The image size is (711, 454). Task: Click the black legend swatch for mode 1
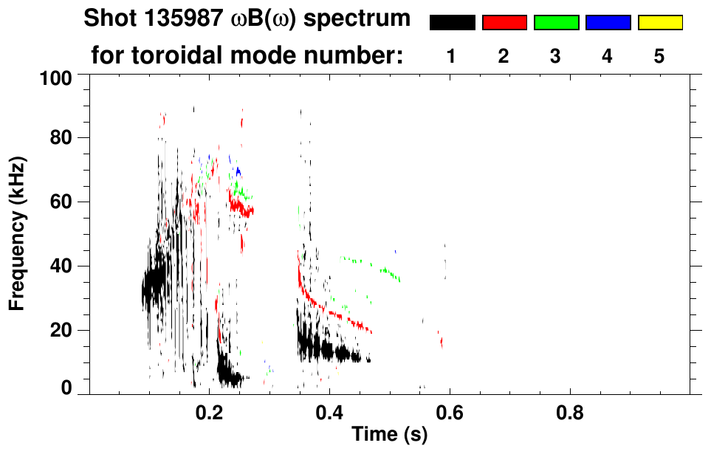pos(452,23)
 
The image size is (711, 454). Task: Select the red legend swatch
pos(504,23)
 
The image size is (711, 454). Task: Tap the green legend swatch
pos(556,23)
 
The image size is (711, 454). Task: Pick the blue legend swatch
pos(608,23)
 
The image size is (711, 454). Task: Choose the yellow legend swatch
pos(660,23)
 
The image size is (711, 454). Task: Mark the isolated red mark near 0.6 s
pos(441,341)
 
